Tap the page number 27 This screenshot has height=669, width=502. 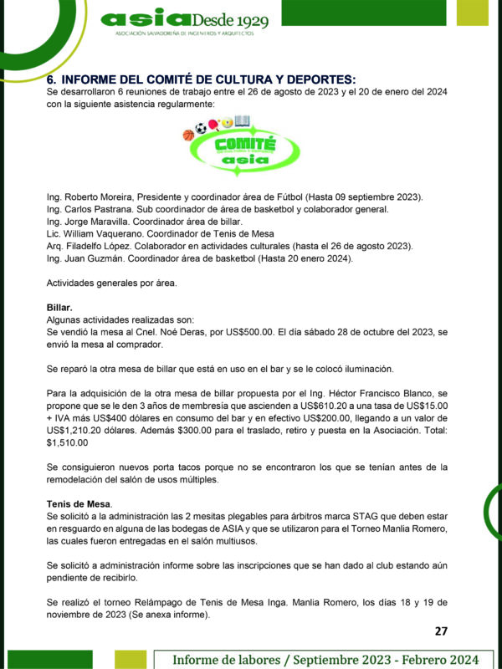[442, 631]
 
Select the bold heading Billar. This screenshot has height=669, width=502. [59, 308]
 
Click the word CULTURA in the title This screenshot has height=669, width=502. [228, 79]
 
